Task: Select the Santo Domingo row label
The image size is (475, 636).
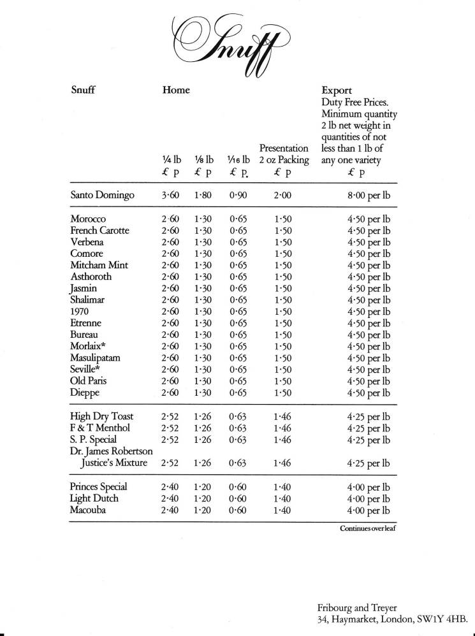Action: [x=102, y=195]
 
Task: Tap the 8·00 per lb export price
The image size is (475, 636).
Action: [x=369, y=195]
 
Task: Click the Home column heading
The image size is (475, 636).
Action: [x=176, y=90]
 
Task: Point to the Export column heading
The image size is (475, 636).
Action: [x=338, y=90]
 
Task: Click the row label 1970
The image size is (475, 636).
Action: [x=80, y=311]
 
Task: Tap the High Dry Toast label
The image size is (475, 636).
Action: [x=101, y=417]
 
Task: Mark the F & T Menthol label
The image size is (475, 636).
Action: [x=100, y=428]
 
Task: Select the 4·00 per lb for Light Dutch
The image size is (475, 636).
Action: [x=369, y=498]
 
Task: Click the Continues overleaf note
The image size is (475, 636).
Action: [x=368, y=528]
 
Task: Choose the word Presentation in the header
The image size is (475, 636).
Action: [x=284, y=148]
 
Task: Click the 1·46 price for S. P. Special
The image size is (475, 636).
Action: [x=283, y=440]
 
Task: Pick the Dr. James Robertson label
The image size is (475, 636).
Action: [x=110, y=451]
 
